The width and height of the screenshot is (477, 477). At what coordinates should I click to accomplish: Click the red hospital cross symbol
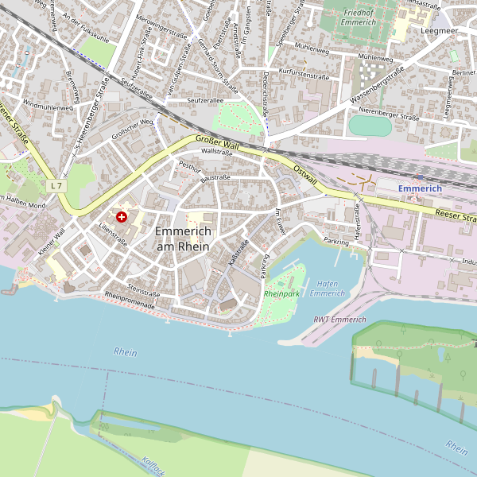click(122, 216)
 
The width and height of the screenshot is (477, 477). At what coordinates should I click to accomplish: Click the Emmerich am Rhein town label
click(183, 238)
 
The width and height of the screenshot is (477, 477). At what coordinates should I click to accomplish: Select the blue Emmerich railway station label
click(419, 188)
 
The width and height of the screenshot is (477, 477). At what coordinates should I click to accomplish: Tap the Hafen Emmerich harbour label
click(326, 288)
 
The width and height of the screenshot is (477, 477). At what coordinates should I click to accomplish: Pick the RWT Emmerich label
click(339, 320)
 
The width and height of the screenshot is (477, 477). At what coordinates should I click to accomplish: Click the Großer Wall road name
click(217, 142)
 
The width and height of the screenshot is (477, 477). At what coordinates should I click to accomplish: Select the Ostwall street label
click(304, 176)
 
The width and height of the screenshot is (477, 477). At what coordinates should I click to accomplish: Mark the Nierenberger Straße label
click(389, 114)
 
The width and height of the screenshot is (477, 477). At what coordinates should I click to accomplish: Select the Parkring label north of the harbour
click(337, 240)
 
